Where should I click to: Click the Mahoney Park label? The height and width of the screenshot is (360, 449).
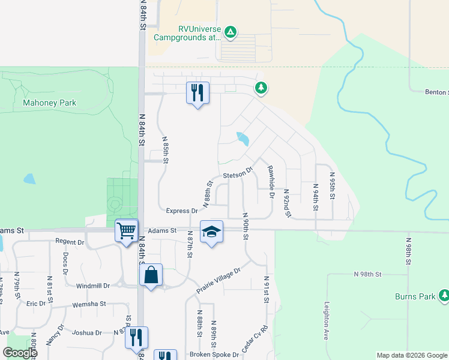pos(49,103)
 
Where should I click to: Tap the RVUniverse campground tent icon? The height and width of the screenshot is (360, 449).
pos(231,31)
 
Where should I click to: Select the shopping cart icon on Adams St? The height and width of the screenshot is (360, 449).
pos(126,230)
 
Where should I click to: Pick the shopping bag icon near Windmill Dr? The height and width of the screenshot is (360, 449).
pos(151,275)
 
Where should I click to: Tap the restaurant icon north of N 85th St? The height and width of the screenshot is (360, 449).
pos(198,92)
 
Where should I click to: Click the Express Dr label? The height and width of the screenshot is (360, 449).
pos(182,211)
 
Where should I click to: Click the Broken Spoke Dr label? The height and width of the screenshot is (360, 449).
pos(214,354)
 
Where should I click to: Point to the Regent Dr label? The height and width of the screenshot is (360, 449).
pos(70,241)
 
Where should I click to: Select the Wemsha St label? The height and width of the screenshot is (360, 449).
pos(88,304)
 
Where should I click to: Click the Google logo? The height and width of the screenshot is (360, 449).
pos(20,353)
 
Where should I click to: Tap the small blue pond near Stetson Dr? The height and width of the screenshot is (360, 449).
pos(243,139)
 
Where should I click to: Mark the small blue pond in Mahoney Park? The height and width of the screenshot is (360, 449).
pos(29,179)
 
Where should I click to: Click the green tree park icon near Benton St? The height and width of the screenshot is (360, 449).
pos(261,88)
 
